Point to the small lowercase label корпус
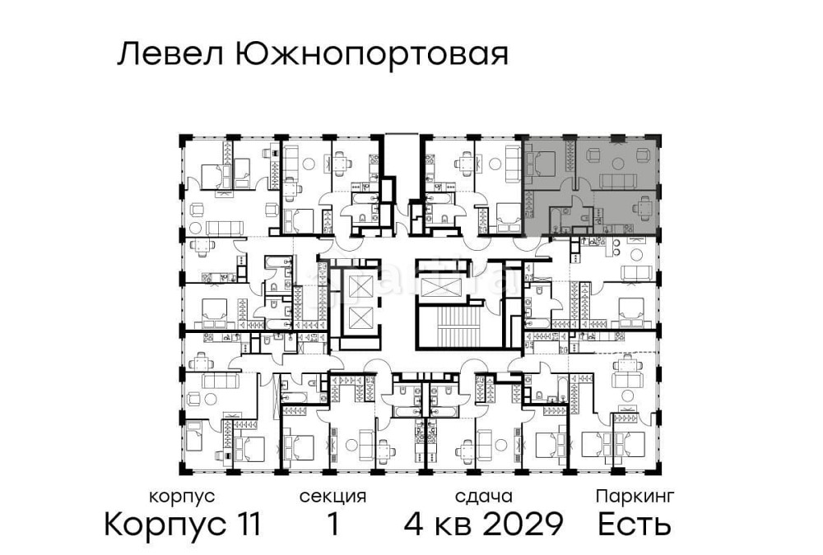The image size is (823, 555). coord(182,497)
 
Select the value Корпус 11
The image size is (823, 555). coord(182,524)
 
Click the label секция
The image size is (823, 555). coord(332,497)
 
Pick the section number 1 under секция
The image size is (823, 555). coord(332,524)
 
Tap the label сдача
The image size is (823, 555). coord(483,497)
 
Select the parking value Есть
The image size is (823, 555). coord(635,524)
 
